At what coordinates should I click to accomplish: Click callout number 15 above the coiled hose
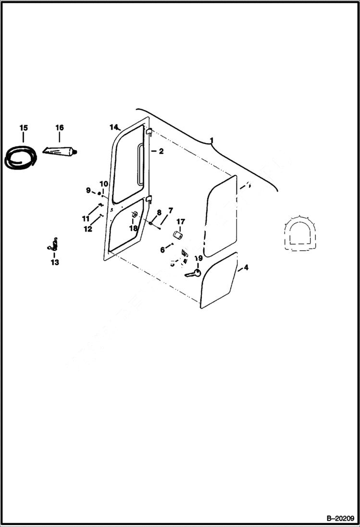[x=24, y=128]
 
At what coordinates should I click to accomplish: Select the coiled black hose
[x=21, y=159]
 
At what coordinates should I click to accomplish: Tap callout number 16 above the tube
[x=59, y=128]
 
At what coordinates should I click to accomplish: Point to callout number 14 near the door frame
[x=113, y=127]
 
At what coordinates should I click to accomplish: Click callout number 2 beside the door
[x=161, y=151]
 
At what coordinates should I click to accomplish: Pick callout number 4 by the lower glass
[x=246, y=268]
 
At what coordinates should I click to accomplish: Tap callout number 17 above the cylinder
[x=181, y=221]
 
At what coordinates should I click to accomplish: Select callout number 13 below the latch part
[x=55, y=262]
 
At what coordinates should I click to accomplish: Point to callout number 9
[x=88, y=191]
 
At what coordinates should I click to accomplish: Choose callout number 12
[x=87, y=229]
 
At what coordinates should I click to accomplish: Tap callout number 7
[x=170, y=210]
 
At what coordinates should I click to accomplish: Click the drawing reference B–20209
[x=340, y=519]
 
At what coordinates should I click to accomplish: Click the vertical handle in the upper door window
[x=140, y=164]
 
